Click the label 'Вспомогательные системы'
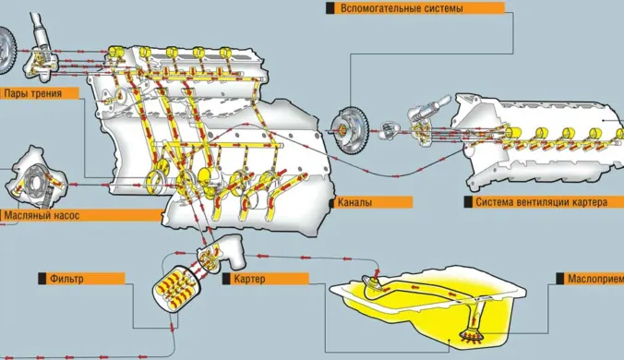pos(402,8)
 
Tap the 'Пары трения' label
pos(32,93)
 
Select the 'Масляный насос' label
pos(42,216)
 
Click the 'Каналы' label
pos(354,202)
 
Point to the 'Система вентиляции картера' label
pos(541,202)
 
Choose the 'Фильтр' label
pos(66,279)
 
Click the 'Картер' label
pos(249,279)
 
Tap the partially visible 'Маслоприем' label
pos(595,279)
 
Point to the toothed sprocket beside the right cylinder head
pos(350,129)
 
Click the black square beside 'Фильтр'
pos(42,279)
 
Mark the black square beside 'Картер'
pos(226,279)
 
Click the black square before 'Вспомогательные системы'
pos(330,8)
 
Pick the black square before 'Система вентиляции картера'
pos(468,202)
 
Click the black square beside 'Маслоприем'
pos(560,279)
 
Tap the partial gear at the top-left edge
pos(7,51)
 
